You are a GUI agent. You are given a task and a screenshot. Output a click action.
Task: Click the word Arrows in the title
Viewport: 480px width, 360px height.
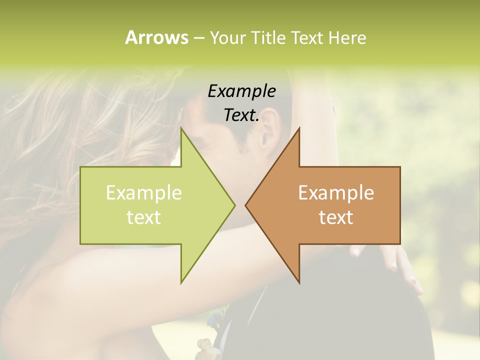[156, 37]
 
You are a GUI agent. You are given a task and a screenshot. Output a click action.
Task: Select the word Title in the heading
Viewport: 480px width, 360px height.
[268, 37]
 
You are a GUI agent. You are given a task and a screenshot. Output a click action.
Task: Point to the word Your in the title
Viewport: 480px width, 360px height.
[227, 37]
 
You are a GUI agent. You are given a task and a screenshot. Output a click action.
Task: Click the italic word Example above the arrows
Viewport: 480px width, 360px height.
[242, 91]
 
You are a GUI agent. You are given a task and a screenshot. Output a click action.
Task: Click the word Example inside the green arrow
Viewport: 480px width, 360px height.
[144, 192]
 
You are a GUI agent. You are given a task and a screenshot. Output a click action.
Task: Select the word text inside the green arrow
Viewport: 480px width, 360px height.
[144, 217]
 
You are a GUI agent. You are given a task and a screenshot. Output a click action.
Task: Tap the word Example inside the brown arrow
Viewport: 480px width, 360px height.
[336, 192]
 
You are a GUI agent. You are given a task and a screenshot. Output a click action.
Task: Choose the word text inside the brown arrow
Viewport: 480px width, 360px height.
[336, 217]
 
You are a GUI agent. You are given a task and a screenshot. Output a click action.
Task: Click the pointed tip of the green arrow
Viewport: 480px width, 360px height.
[235, 205]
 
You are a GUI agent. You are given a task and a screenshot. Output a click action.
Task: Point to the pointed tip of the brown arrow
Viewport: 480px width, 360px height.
[245, 205]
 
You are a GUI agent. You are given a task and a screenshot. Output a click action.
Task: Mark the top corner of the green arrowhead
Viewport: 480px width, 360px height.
[181, 128]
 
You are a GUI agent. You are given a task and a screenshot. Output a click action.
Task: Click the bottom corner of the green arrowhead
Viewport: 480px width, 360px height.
[181, 282]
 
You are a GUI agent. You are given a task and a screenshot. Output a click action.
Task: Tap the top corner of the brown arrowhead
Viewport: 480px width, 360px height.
[299, 128]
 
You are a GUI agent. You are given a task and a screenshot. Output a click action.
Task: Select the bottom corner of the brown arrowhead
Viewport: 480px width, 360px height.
[299, 282]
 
